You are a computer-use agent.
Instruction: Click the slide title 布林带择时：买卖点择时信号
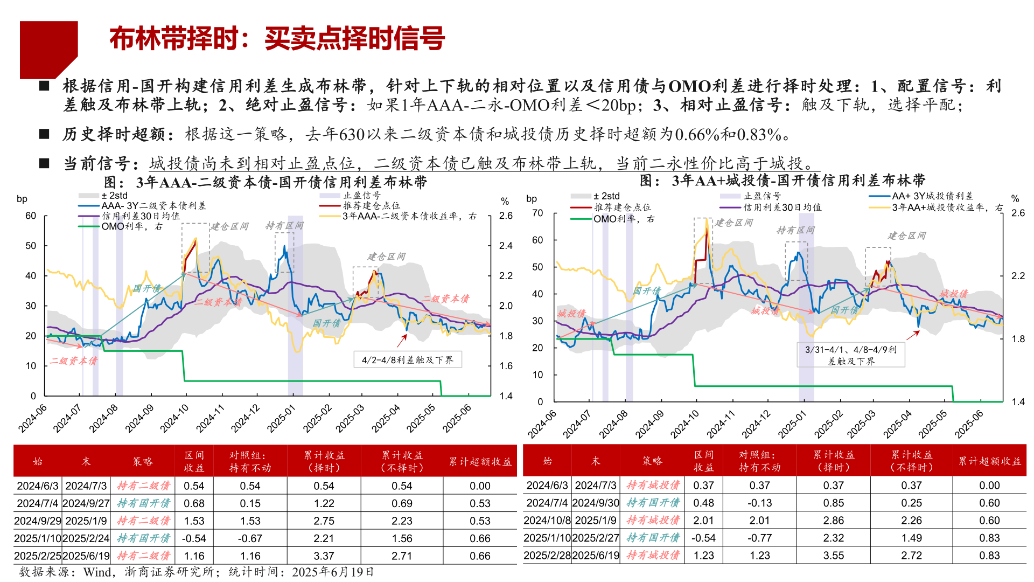click(x=277, y=39)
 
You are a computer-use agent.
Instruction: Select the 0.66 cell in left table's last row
click(x=479, y=556)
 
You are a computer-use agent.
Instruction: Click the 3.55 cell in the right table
click(x=833, y=555)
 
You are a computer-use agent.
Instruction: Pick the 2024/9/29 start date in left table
click(x=37, y=521)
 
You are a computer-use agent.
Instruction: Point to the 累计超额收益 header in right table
click(x=989, y=461)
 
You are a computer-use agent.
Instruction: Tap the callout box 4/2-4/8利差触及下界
click(x=408, y=360)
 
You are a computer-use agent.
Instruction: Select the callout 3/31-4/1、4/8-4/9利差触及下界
click(x=850, y=355)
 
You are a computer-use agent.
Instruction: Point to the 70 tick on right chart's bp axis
click(x=537, y=213)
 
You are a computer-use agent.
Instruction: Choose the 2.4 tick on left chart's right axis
click(x=506, y=246)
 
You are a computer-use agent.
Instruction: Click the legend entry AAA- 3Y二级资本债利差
click(x=153, y=206)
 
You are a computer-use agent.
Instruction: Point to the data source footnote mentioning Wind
click(x=196, y=572)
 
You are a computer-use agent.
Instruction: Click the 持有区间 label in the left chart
click(x=284, y=225)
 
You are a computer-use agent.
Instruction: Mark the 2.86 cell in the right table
click(x=833, y=520)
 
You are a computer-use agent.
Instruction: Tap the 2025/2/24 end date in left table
click(x=86, y=538)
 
